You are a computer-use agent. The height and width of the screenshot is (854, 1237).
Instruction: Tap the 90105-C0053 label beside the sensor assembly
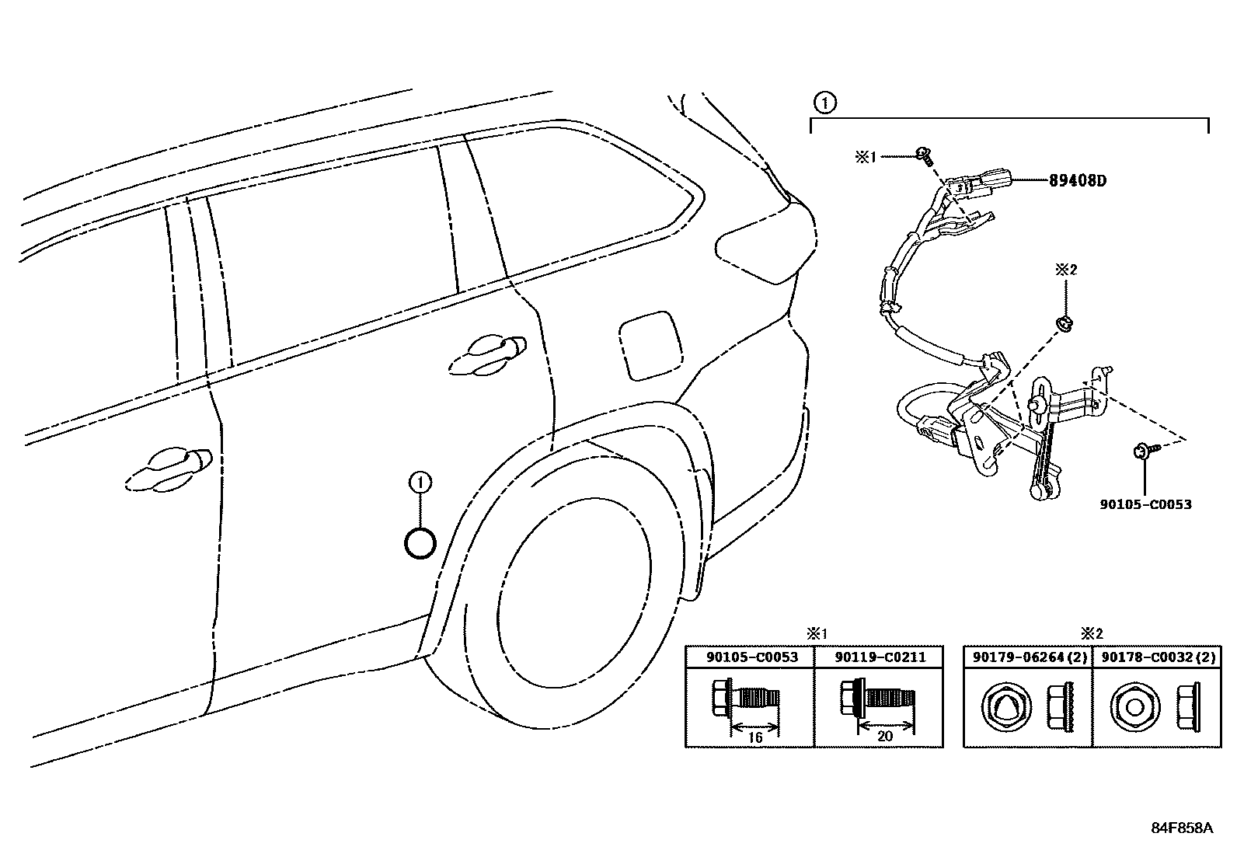tap(1145, 504)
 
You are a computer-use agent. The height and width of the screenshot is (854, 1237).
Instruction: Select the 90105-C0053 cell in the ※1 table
tap(751, 657)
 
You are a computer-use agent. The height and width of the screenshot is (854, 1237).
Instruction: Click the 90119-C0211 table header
tap(880, 657)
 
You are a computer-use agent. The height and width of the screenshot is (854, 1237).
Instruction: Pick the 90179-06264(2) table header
tap(1028, 657)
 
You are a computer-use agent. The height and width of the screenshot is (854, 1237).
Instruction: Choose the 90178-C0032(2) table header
tap(1156, 657)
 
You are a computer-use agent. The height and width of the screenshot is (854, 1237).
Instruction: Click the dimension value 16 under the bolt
tap(754, 737)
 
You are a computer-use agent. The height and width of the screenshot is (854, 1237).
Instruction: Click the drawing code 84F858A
tap(1181, 828)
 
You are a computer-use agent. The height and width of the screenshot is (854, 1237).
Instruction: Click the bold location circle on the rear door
tap(420, 542)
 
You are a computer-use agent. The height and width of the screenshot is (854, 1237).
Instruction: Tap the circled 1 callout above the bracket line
tap(825, 101)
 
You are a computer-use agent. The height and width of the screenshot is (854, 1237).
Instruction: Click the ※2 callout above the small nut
tap(1066, 270)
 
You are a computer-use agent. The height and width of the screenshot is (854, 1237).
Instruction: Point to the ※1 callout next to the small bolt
tap(866, 157)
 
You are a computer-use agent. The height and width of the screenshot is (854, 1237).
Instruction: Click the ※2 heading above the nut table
tap(1092, 634)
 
